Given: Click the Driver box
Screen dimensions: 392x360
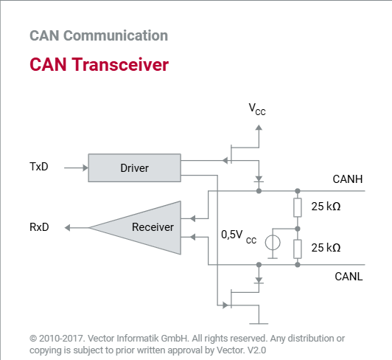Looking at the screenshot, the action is pyautogui.click(x=135, y=167).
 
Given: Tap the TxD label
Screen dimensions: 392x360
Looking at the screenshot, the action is pyautogui.click(x=39, y=167).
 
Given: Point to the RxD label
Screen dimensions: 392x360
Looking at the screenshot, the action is pyautogui.click(x=39, y=227).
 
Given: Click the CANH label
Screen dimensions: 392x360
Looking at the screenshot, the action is pyautogui.click(x=348, y=179).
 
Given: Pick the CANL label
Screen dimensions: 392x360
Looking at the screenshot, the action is pyautogui.click(x=349, y=277).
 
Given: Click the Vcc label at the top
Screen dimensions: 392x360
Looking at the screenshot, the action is pyautogui.click(x=257, y=109).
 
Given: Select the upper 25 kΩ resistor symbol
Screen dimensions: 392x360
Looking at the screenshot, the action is pyautogui.click(x=298, y=207).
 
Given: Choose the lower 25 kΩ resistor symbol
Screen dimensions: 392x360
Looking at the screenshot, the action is pyautogui.click(x=298, y=249).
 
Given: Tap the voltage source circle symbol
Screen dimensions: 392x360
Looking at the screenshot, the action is pyautogui.click(x=273, y=243).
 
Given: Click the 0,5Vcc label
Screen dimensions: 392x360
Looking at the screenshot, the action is pyautogui.click(x=239, y=237).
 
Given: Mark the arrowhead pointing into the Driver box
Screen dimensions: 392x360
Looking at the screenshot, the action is pyautogui.click(x=85, y=167).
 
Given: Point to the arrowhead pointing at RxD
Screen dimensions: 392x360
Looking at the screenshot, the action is pyautogui.click(x=68, y=228).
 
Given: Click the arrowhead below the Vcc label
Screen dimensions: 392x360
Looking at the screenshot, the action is pyautogui.click(x=259, y=128).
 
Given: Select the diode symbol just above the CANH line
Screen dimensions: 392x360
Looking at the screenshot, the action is pyautogui.click(x=259, y=179).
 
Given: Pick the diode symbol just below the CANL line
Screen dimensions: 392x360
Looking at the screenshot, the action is pyautogui.click(x=259, y=280).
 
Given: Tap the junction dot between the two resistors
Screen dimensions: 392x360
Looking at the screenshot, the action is pyautogui.click(x=298, y=229).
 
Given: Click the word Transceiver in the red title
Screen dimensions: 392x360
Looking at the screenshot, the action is pyautogui.click(x=120, y=65).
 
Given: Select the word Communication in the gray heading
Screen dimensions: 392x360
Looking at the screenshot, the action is pyautogui.click(x=116, y=35).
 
